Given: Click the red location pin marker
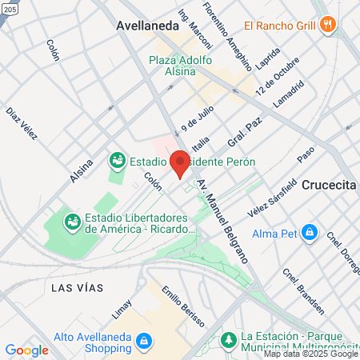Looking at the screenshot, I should click(x=180, y=162).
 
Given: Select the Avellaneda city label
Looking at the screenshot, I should click(x=147, y=26).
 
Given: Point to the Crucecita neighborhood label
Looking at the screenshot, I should click(x=329, y=185).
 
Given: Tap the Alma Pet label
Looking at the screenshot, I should click(x=276, y=234).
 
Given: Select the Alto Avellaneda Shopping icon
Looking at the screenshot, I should click(x=144, y=342).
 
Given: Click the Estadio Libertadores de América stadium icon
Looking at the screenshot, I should click(x=72, y=219).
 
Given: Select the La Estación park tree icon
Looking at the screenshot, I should click(x=227, y=340).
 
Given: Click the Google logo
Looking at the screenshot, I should click(x=26, y=350).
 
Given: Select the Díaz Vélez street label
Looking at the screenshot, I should click(x=22, y=124).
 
